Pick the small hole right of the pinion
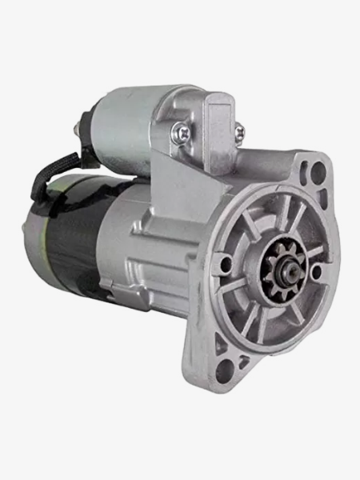click(317, 273)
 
